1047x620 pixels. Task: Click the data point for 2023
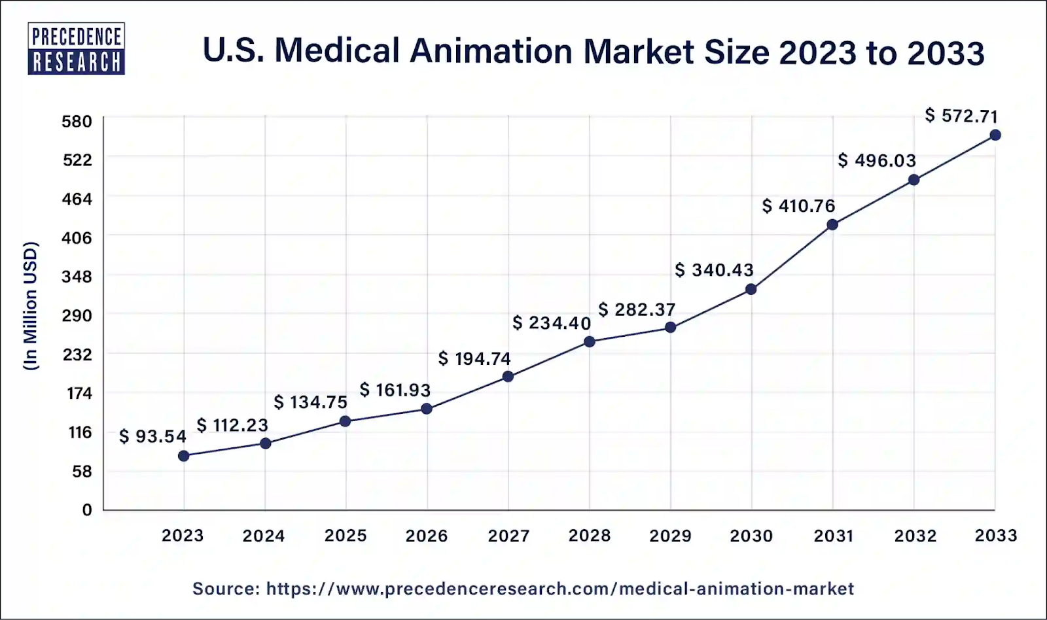pos(184,456)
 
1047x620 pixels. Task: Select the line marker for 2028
pos(590,341)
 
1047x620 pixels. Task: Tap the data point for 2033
pos(995,135)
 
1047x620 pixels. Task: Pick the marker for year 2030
pos(751,289)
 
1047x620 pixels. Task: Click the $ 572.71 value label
pos(961,116)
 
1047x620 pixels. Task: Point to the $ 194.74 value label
pos(474,358)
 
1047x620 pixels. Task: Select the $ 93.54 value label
pos(152,436)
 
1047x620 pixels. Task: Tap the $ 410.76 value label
pos(798,206)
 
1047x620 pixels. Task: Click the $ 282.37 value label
pos(637,309)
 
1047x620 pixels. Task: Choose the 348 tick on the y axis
pos(77,277)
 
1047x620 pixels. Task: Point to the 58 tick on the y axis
pos(81,471)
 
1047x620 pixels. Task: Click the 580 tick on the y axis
pos(77,122)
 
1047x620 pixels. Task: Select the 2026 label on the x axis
pos(427,536)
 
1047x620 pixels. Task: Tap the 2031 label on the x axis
pos(833,536)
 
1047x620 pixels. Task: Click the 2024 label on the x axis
pos(264,536)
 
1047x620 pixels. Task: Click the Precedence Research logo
pos(76,49)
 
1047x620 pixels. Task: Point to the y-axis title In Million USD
pos(31,306)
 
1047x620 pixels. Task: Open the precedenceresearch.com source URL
pos(559,589)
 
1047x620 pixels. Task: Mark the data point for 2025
pos(345,421)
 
